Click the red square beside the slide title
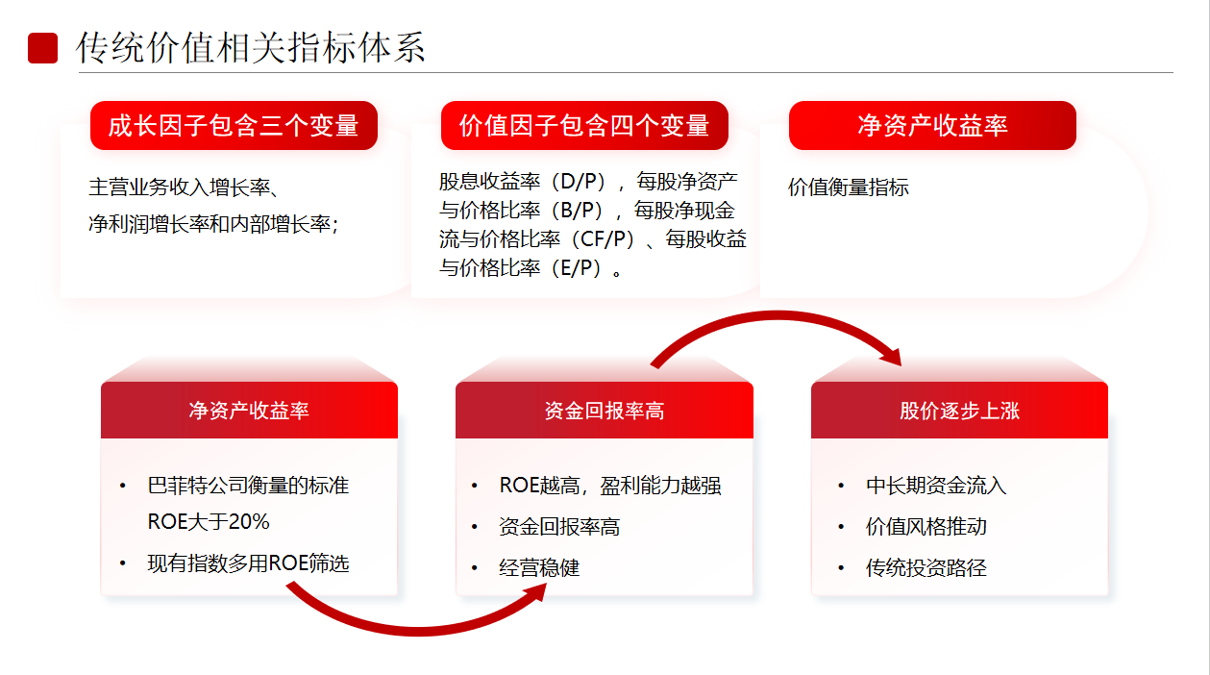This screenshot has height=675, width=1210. [x=42, y=48]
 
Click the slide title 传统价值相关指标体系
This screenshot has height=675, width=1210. [x=250, y=47]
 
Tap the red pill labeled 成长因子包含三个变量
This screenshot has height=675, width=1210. [x=234, y=125]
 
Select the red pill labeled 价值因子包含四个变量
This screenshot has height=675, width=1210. [x=584, y=125]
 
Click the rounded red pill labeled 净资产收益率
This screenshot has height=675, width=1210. [x=932, y=125]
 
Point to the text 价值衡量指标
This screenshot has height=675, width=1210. [x=848, y=187]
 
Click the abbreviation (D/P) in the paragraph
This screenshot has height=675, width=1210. [x=582, y=182]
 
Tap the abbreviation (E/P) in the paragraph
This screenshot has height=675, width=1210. [x=580, y=268]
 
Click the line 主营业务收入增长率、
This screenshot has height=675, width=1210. [x=184, y=187]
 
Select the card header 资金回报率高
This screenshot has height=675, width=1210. [x=604, y=411]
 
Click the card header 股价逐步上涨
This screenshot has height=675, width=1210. [x=959, y=411]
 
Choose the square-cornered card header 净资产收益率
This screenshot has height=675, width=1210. [x=249, y=411]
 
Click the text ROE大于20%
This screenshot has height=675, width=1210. [x=209, y=522]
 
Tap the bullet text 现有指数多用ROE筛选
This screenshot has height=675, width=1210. [x=249, y=563]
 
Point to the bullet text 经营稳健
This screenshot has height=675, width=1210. [x=539, y=568]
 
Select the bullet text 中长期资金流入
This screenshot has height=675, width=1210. [x=936, y=486]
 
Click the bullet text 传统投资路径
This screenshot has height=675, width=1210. [x=926, y=568]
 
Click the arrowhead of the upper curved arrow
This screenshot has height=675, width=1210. [x=891, y=357]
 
